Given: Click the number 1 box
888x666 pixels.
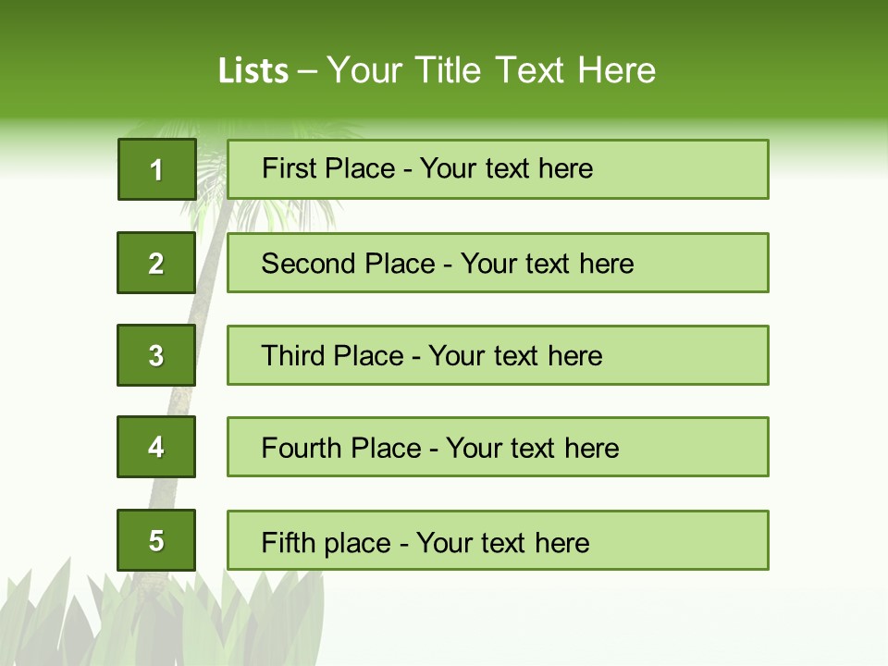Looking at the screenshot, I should pos(156,169).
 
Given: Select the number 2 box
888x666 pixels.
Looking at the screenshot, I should pos(156,263).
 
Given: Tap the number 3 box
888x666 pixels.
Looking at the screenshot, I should pos(156,355).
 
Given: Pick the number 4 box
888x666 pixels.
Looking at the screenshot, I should pos(156,447).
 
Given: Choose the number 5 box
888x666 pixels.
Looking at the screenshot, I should pos(156,540).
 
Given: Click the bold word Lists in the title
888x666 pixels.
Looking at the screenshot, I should pos(253,70).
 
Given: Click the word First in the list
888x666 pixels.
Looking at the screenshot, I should pos(288,168).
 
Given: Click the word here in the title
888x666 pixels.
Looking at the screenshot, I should pos(616,70).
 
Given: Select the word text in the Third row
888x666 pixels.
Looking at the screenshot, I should pos(514,356).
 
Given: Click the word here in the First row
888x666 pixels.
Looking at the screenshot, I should pos(567,168).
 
